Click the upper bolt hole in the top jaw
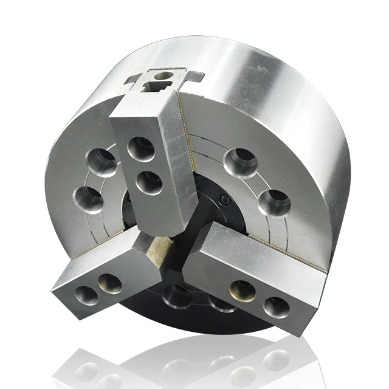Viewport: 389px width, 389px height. [141, 148]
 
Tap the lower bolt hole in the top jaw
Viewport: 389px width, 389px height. [149, 182]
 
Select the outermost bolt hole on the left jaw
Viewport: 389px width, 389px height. [86, 294]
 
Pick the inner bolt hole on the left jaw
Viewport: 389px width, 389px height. [109, 283]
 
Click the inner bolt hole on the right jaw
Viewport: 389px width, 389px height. [243, 291]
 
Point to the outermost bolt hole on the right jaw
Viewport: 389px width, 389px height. [277, 306]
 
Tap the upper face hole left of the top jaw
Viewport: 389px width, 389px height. [103, 160]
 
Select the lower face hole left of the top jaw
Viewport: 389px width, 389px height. [89, 198]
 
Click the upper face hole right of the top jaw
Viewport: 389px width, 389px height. [239, 161]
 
